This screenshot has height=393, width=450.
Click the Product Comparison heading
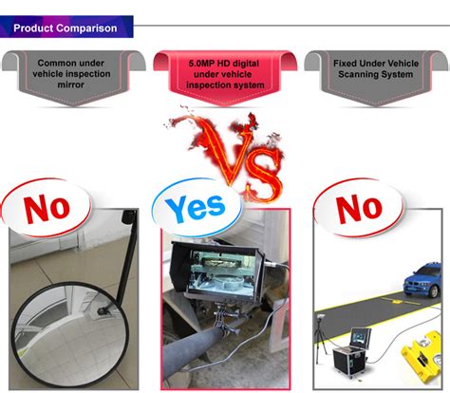(x=66, y=28)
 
